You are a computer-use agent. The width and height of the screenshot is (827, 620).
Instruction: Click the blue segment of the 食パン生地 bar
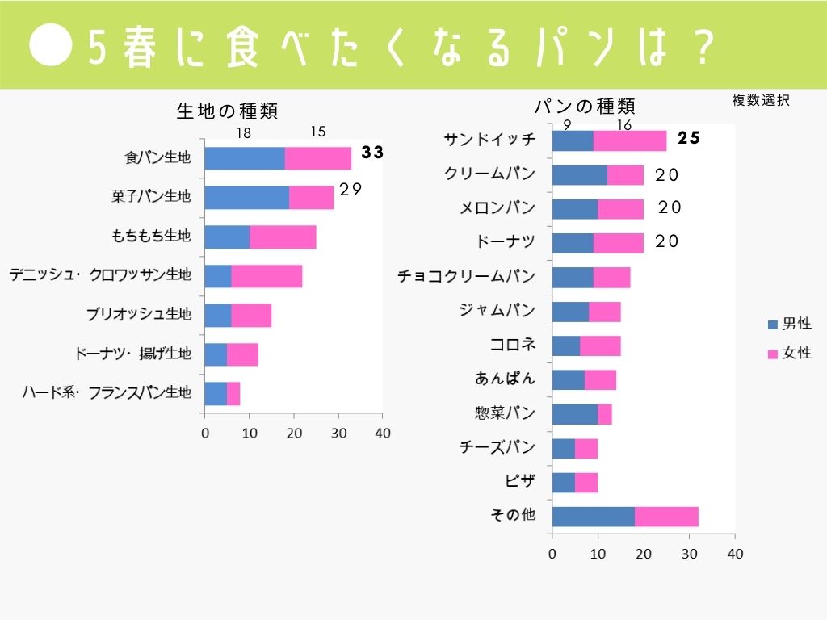pos(245,158)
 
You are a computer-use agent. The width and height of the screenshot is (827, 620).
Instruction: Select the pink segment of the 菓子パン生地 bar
pos(311,197)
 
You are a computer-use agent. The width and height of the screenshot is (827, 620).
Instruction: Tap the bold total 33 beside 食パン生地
pos(372,153)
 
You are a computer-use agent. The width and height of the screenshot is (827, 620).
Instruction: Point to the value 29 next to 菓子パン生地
pos(349,189)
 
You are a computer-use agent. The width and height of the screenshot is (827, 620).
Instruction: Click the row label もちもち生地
pos(151,236)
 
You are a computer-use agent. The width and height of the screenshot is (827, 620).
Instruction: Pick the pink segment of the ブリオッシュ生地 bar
pos(250,315)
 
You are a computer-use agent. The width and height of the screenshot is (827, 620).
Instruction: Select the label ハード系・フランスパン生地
pos(107,393)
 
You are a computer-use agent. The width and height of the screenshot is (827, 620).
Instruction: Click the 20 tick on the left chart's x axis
pos(294,433)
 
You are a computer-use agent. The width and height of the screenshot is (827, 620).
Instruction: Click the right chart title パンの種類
pos(585,106)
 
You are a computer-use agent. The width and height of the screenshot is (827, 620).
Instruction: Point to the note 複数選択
pos(760,100)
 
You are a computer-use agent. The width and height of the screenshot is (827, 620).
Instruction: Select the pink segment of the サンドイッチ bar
pos(630,140)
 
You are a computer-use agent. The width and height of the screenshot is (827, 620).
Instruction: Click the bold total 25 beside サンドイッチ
pos(688,138)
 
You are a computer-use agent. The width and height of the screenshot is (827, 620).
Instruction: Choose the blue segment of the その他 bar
pos(593,517)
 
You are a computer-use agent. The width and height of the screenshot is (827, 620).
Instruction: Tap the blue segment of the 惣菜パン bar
pos(574,414)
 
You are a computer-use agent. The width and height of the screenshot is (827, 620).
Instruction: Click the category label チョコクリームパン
pos(466,276)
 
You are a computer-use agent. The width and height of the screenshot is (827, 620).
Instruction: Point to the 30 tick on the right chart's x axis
pos(689,554)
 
